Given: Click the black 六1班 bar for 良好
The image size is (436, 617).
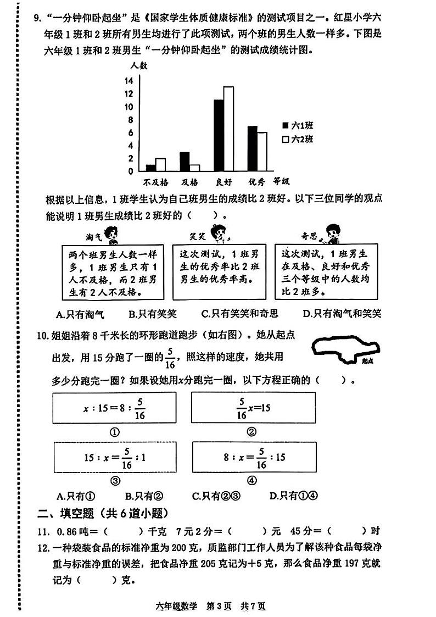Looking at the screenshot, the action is tap(219, 135).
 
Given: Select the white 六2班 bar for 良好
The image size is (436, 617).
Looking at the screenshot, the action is tap(228, 129).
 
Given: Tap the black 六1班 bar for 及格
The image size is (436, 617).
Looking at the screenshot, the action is tap(185, 162).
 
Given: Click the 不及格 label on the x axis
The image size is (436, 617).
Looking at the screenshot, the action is tap(156, 182).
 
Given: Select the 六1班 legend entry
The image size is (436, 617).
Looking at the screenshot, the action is tap(297, 125).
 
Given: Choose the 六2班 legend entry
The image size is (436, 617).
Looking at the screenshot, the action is tap(297, 140).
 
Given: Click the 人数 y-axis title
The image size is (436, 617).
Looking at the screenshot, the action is tap(139, 65).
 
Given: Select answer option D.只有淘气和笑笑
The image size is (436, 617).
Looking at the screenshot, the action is tap(342, 314).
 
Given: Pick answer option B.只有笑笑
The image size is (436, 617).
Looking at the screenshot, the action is tap(152, 314).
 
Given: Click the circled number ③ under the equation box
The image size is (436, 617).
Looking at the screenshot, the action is tap(115, 481).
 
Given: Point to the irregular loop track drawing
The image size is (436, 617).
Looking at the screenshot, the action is tap(345, 350).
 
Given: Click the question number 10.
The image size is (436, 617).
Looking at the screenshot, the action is tap(42, 336).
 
